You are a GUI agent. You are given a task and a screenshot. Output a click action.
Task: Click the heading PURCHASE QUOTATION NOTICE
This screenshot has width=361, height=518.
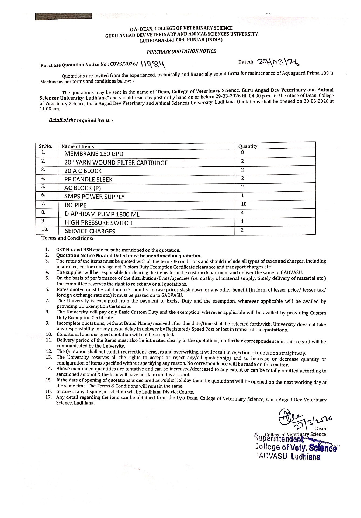pyautogui.click(x=181, y=51)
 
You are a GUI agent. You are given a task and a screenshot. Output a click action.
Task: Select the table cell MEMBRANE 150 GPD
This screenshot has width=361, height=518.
pyautogui.click(x=94, y=154)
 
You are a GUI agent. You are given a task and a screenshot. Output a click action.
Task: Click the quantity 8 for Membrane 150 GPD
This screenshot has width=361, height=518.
pyautogui.click(x=242, y=152)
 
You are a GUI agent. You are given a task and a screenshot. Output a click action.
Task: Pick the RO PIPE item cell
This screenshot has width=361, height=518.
pyautogui.click(x=75, y=205)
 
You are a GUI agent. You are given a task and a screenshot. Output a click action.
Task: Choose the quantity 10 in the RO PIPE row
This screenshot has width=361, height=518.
pyautogui.click(x=244, y=204)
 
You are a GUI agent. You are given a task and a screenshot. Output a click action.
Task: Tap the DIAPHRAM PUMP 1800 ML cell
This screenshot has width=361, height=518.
pyautogui.click(x=102, y=214)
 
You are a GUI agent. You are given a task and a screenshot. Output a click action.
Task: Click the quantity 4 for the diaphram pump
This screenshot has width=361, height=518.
pyautogui.click(x=242, y=213)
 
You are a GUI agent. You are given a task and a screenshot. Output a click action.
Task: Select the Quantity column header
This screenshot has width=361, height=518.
pyautogui.click(x=248, y=146)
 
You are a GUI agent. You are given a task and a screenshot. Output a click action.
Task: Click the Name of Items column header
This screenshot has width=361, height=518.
pyautogui.click(x=78, y=146)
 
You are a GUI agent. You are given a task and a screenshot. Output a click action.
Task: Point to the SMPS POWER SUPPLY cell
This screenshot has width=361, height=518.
pyautogui.click(x=95, y=197)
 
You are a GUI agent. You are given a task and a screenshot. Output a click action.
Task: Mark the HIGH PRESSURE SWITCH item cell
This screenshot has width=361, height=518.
pyautogui.click(x=98, y=223)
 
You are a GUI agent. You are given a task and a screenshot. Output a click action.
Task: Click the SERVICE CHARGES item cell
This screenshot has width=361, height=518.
pyautogui.click(x=90, y=231)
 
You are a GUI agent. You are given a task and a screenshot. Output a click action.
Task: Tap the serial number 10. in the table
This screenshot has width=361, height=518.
pyautogui.click(x=45, y=229)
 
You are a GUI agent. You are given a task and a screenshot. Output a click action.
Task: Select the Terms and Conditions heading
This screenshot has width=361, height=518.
pyautogui.click(x=67, y=238)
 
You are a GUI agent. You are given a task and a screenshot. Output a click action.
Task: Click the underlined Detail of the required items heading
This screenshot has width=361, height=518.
pyautogui.click(x=81, y=120)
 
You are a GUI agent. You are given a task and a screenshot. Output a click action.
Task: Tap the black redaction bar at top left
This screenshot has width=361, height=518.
pyautogui.click(x=63, y=17)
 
